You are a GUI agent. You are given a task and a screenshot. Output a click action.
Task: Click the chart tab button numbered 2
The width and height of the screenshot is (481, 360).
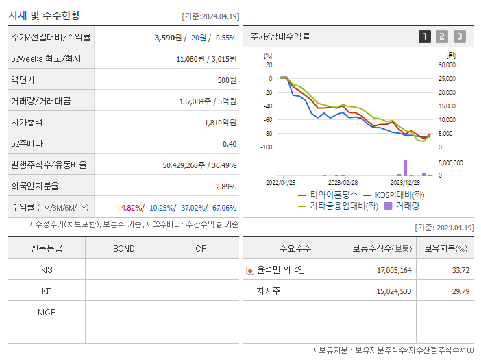[442, 36]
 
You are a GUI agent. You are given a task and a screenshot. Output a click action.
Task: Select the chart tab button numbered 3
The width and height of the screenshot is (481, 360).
[459, 36]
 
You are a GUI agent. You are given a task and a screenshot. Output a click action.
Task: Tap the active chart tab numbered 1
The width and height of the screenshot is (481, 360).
[425, 36]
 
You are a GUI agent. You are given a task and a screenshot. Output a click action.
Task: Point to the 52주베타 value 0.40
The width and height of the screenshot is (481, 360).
[229, 144]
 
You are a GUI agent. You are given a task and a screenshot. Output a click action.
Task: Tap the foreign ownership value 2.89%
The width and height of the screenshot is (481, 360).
[225, 187]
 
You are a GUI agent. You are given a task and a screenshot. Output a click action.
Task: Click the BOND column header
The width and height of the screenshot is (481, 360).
[124, 249]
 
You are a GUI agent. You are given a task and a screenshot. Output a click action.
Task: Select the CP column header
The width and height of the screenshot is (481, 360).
[201, 249]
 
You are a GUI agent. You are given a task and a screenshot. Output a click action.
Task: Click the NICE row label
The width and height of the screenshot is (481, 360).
[47, 313]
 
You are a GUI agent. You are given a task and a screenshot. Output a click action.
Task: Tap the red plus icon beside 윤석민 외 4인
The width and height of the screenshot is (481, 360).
[250, 271]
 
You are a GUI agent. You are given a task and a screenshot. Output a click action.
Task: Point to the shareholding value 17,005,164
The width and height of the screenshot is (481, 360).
[394, 271]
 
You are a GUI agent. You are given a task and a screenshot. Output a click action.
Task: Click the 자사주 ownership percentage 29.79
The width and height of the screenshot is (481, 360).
[460, 291]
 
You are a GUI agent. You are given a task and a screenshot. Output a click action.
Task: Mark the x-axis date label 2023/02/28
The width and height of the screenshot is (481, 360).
[343, 183]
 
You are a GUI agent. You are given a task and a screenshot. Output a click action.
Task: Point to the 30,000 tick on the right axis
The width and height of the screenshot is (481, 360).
[446, 65]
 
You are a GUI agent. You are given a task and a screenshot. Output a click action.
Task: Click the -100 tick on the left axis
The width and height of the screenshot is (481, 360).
[267, 147]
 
